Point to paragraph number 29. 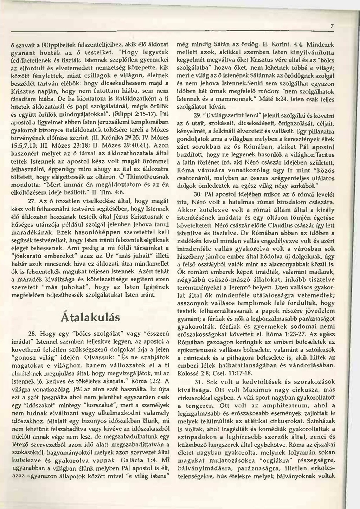pos(198,115)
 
